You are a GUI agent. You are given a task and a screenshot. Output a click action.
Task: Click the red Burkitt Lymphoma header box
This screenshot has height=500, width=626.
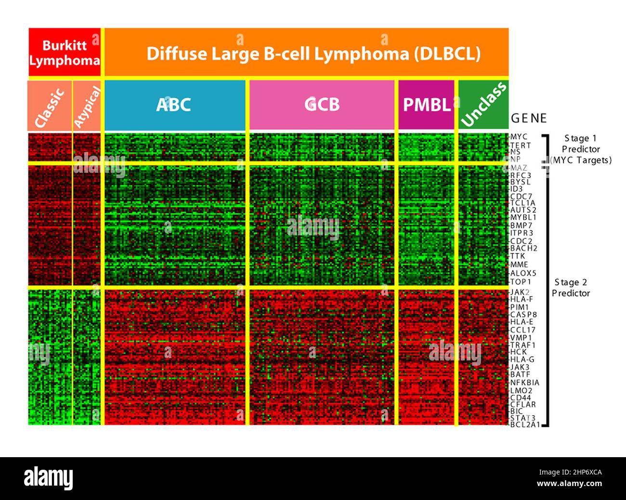point(65,52)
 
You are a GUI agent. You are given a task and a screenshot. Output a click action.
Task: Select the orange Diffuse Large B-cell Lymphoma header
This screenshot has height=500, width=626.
point(307,52)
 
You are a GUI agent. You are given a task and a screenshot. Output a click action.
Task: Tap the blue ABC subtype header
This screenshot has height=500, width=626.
point(174,105)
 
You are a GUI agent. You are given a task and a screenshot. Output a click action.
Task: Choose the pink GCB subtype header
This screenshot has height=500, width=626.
point(322,105)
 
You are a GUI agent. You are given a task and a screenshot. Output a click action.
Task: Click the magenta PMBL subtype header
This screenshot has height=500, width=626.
point(426,105)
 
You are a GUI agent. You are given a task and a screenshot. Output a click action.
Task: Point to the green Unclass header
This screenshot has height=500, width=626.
point(483,105)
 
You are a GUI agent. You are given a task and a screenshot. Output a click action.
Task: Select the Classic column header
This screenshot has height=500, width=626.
point(50,106)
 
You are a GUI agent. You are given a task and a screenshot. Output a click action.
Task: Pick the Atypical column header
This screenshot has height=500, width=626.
point(87,106)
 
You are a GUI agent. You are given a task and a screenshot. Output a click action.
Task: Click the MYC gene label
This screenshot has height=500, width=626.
point(519,137)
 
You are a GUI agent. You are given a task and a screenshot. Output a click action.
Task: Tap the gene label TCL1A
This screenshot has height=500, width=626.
point(522,203)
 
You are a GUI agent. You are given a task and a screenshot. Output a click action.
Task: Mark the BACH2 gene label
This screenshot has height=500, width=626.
point(523,248)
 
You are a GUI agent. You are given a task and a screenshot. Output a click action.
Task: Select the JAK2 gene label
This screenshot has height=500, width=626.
point(520,292)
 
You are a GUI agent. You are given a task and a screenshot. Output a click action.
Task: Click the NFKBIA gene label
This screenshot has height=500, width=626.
point(524,383)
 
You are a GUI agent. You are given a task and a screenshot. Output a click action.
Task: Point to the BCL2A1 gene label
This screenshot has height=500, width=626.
point(524,425)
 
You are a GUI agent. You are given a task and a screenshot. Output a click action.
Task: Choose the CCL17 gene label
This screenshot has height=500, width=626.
point(522,330)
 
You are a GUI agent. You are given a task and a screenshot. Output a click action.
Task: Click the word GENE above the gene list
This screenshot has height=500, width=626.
point(529,118)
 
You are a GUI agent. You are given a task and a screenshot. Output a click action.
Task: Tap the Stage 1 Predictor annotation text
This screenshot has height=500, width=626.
point(581,149)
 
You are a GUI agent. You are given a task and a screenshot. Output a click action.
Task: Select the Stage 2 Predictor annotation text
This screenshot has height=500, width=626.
point(571,288)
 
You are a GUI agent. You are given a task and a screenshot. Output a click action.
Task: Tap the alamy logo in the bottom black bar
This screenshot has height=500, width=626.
point(49,479)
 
